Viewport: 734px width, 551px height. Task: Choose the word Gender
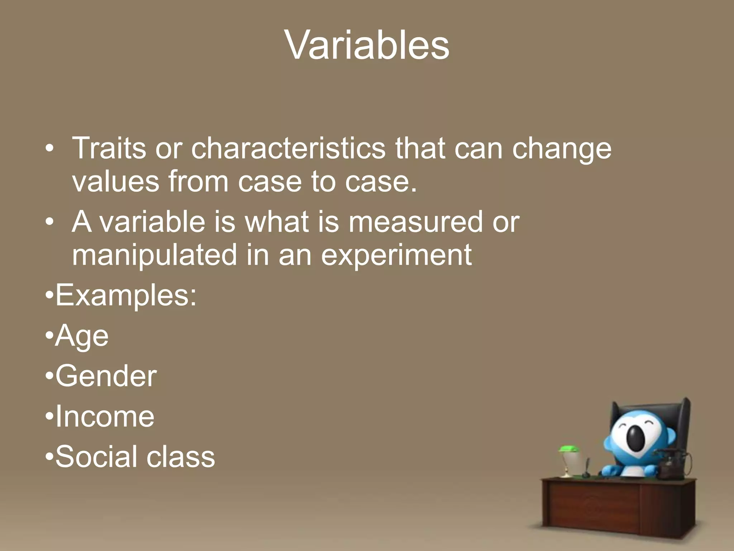coord(106,376)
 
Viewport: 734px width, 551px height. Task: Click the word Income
coord(105,416)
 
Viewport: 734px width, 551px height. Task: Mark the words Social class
coord(135,457)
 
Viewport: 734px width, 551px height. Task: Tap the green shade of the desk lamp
coord(568,448)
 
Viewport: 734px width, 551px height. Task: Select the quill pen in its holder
coord(587,468)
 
